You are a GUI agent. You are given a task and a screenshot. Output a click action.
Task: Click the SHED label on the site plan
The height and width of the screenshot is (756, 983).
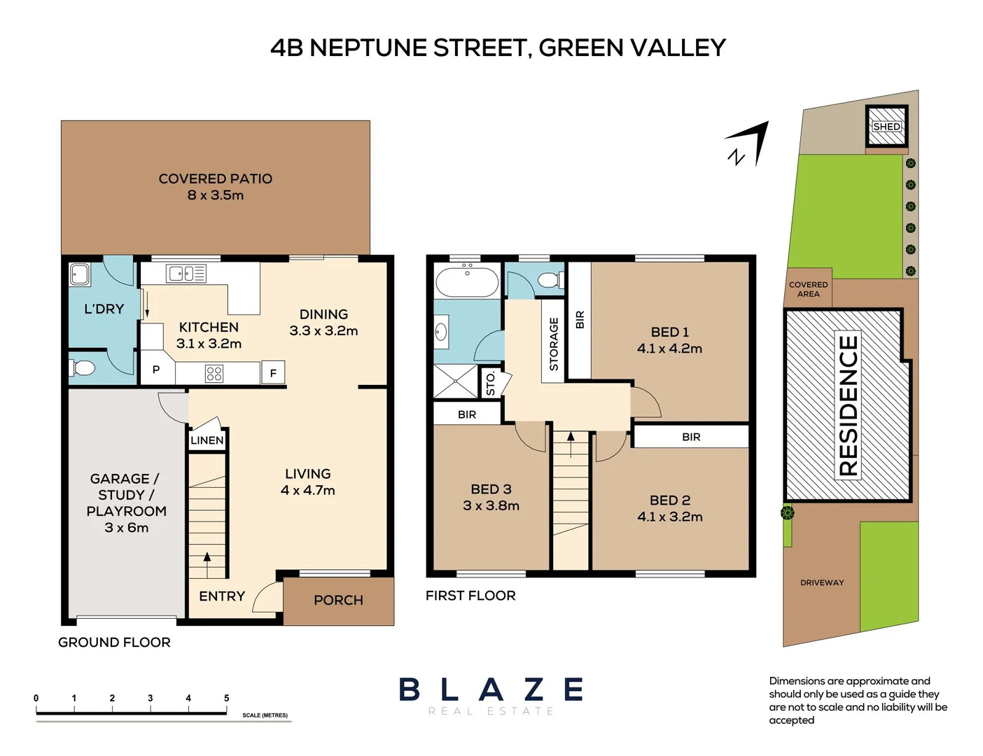886,127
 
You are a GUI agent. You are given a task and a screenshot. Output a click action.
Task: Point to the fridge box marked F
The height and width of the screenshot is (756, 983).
273,373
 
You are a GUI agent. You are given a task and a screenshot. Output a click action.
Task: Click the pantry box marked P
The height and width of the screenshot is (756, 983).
156,370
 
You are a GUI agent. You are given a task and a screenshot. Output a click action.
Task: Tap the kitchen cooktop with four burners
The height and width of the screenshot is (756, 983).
214,374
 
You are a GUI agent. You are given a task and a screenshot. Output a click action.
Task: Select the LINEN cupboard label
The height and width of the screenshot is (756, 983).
207,440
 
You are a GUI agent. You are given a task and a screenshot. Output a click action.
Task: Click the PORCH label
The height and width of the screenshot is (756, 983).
338,601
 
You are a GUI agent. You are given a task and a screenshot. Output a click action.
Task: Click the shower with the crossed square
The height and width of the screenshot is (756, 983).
454,381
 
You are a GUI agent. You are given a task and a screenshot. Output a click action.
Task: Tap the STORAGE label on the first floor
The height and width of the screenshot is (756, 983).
554,344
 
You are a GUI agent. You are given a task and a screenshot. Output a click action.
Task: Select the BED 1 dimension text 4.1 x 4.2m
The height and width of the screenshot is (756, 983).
669,349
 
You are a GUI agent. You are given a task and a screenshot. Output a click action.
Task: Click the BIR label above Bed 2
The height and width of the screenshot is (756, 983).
691,437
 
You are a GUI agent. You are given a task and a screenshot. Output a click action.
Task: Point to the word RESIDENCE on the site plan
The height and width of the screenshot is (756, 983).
848,405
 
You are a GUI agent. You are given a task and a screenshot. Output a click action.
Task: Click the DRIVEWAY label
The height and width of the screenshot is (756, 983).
822,582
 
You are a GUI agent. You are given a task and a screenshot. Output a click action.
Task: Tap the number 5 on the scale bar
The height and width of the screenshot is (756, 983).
226,698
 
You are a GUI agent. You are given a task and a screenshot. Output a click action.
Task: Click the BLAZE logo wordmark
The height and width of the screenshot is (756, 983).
491,690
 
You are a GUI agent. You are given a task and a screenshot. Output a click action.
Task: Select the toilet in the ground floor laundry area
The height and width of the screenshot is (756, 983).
83,367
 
